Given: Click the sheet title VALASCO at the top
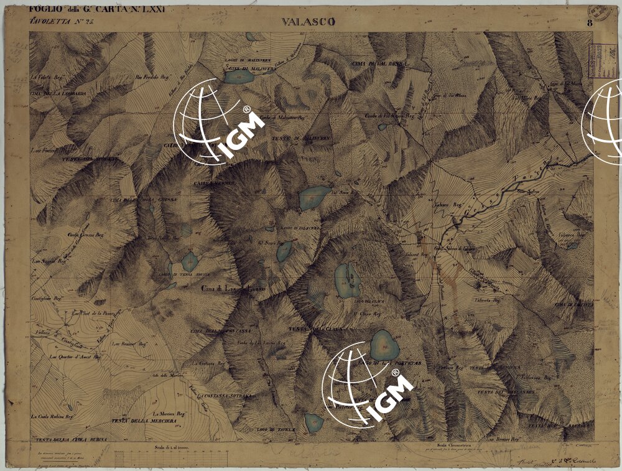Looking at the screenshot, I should click(308, 22).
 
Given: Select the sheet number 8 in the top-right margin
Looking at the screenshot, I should click(588, 23).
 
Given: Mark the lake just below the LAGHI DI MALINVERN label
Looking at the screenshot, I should click(238, 77).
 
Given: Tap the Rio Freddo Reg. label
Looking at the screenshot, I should click(152, 78).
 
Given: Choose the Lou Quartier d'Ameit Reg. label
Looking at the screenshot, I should click(75, 357).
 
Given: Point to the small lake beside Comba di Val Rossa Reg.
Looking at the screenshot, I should click(382, 126).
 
